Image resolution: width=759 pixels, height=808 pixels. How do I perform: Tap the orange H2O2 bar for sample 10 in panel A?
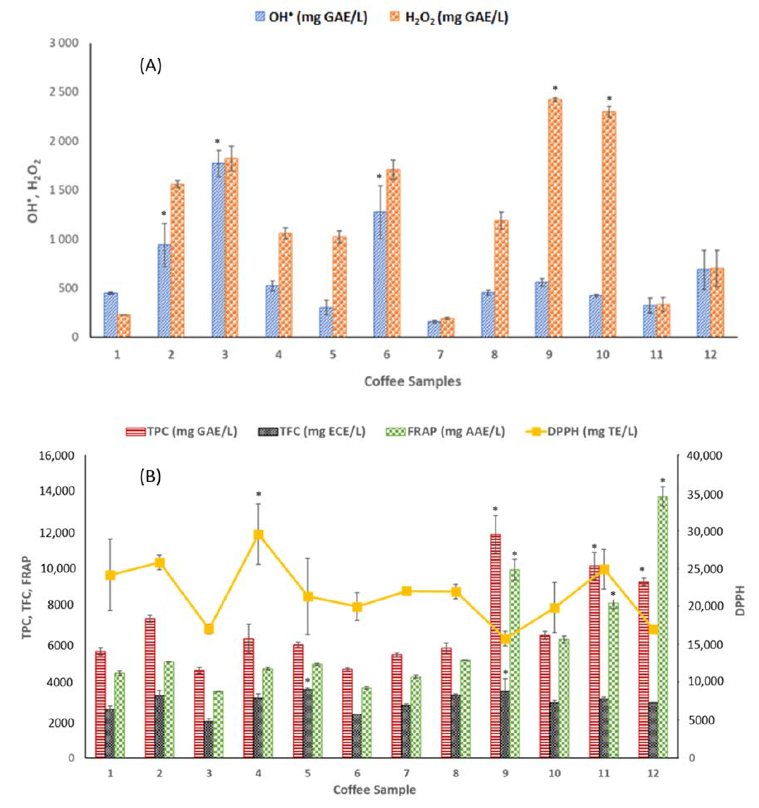pos(609,226)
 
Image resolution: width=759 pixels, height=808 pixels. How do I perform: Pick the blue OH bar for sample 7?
pos(434,329)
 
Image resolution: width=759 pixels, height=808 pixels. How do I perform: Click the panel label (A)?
pos(151,65)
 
